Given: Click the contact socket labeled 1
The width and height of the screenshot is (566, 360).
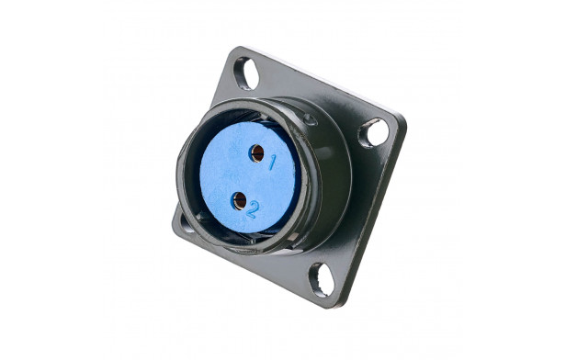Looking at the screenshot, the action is click(x=257, y=153).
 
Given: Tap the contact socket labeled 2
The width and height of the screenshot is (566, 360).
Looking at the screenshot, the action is click(x=239, y=201).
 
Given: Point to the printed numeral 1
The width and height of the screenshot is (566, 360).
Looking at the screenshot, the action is click(x=272, y=163).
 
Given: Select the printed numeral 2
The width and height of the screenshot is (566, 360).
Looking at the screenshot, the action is click(x=253, y=210).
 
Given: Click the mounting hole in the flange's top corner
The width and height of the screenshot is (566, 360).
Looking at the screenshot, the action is click(x=246, y=73).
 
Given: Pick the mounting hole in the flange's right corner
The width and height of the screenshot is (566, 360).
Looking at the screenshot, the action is click(x=374, y=133).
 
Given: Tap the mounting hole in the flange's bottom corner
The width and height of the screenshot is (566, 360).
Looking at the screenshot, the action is click(x=322, y=279).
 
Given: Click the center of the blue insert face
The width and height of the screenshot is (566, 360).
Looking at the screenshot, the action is click(x=249, y=177).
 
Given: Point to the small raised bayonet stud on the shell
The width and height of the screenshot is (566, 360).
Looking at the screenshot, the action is click(x=310, y=119).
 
